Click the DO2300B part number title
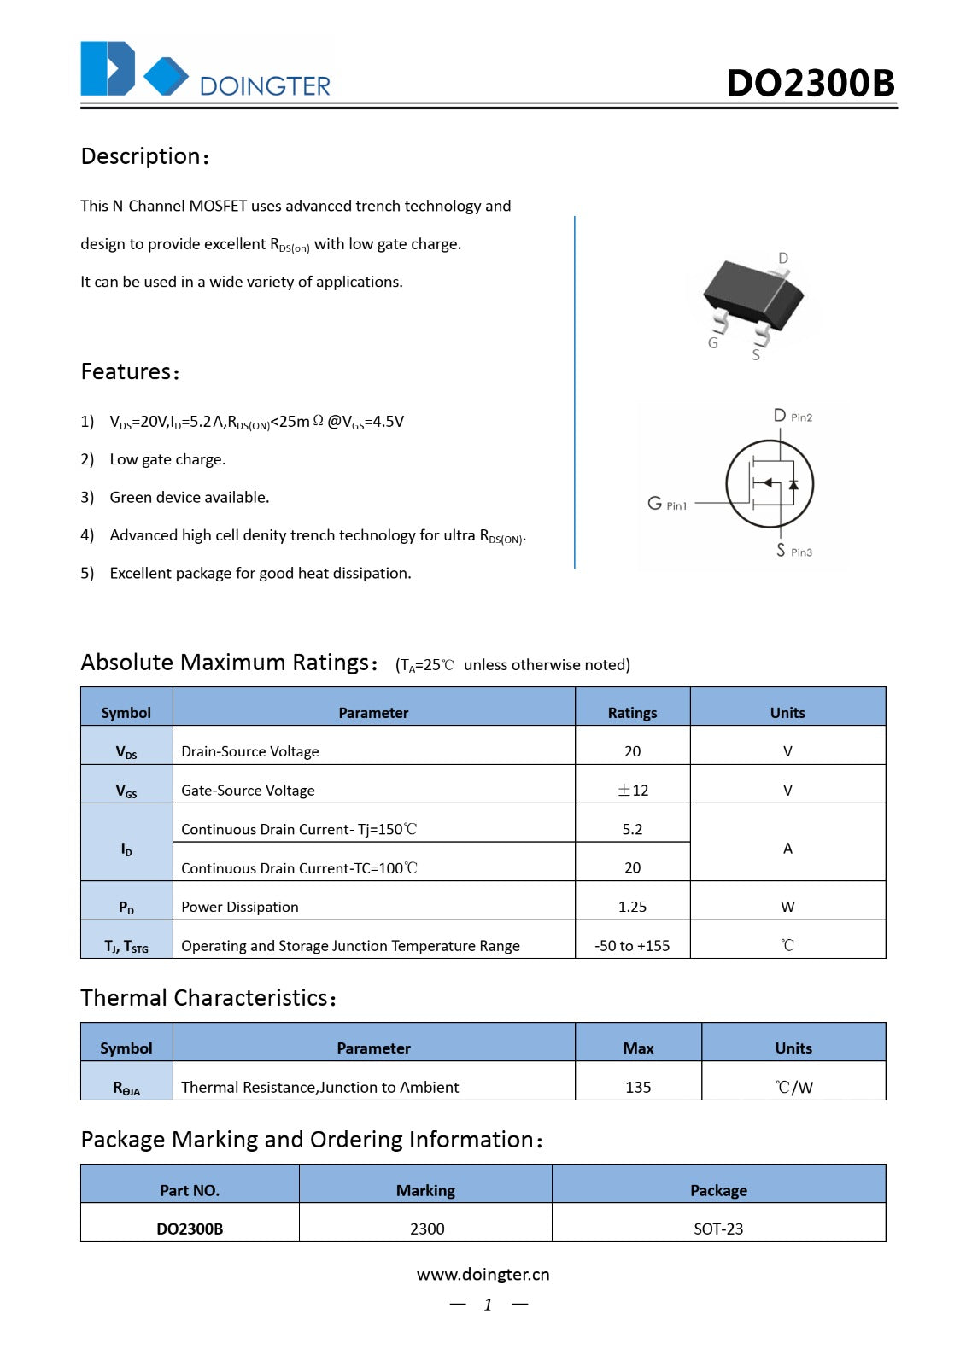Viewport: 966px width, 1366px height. click(810, 83)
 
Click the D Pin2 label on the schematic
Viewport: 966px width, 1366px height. click(793, 416)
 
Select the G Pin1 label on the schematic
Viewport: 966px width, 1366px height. click(667, 504)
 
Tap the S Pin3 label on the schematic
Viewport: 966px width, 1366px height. click(793, 551)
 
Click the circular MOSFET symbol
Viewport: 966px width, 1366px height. click(770, 484)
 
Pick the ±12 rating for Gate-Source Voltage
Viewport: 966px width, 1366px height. click(632, 790)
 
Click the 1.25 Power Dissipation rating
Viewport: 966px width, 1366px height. click(632, 907)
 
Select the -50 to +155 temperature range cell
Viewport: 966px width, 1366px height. click(632, 945)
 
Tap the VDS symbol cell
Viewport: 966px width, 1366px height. click(126, 751)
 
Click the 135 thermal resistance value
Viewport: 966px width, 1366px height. click(638, 1087)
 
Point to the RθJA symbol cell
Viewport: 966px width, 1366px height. click(126, 1087)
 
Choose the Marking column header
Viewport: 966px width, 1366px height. click(425, 1190)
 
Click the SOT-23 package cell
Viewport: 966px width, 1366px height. click(718, 1229)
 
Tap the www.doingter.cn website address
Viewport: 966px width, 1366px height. click(483, 1274)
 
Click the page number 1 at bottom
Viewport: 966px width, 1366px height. click(488, 1305)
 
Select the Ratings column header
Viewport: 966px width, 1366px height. click(632, 712)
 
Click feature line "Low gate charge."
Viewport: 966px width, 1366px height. click(167, 459)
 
